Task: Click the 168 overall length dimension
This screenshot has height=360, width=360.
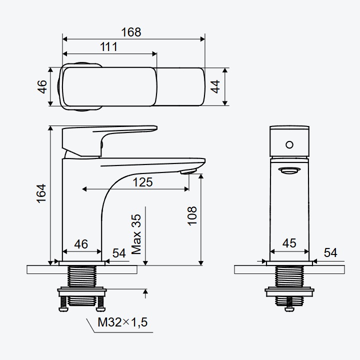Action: tap(131, 32)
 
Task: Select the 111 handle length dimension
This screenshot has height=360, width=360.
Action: tap(108, 47)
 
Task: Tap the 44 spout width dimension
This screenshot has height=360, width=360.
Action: tap(215, 87)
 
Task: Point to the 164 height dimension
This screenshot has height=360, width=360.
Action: tap(41, 193)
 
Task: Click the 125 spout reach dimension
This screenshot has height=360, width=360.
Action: tap(142, 182)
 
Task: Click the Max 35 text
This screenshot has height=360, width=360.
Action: tap(136, 234)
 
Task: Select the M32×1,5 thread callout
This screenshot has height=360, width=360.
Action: tap(122, 322)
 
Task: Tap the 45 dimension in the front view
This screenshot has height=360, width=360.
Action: tap(289, 243)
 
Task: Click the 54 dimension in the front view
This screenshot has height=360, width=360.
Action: tap(330, 252)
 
